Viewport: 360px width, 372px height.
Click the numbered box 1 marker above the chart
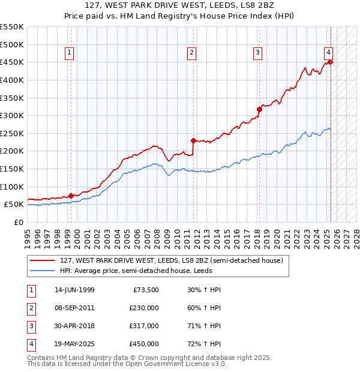coord(70,53)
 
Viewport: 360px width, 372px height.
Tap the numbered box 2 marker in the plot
coord(191,53)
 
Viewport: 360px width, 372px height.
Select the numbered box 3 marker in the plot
coord(257,53)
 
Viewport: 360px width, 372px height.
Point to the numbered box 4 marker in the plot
coord(329,53)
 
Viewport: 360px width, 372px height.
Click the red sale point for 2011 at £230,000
coord(193,140)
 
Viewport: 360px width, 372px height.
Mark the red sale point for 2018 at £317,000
coord(259,109)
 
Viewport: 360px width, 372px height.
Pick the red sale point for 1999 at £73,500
coord(71,196)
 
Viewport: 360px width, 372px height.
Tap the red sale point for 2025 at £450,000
coord(331,62)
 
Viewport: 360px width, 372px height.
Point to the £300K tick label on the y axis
coord(12,115)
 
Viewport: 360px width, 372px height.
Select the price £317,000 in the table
coord(144,326)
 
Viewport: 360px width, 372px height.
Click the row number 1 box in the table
coord(31,290)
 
